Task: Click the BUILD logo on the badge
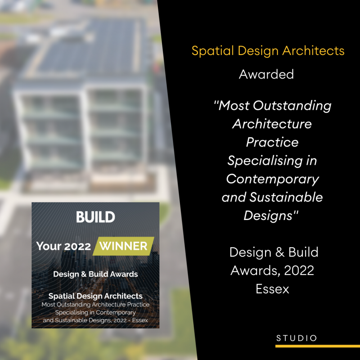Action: point(95,217)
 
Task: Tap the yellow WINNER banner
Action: point(123,246)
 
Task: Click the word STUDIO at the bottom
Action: point(297,338)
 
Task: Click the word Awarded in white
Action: point(266,75)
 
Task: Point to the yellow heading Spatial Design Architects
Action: point(268,51)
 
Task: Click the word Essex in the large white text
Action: point(273,289)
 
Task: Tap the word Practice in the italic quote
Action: point(272,142)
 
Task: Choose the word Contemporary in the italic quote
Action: point(273,179)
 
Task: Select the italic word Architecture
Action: point(272,124)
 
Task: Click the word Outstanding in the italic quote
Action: point(292,105)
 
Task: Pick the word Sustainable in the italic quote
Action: point(286,197)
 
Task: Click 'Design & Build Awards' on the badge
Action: point(95,274)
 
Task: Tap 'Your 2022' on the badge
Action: point(63,246)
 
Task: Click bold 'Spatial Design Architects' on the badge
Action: point(95,296)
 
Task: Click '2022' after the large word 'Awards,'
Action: point(299,270)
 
